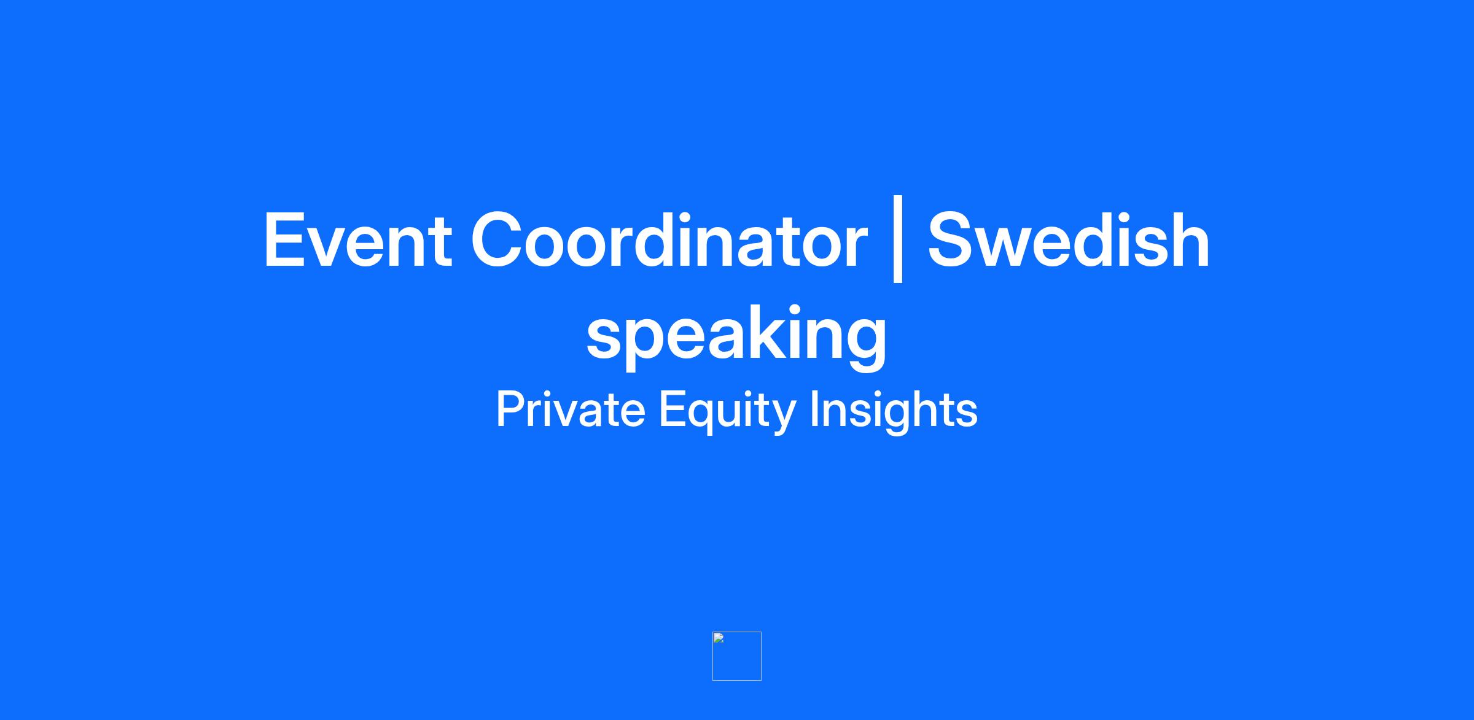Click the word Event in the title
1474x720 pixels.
[x=358, y=240]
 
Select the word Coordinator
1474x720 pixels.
[x=669, y=240]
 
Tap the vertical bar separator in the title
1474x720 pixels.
[x=898, y=239]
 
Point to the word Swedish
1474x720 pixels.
[x=1069, y=240]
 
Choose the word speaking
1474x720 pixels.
[x=736, y=335]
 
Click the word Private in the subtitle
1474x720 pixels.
[x=571, y=409]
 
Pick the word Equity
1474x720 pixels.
[x=727, y=411]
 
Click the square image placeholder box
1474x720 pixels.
[x=737, y=656]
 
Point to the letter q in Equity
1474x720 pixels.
[x=702, y=417]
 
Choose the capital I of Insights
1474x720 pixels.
[x=814, y=409]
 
